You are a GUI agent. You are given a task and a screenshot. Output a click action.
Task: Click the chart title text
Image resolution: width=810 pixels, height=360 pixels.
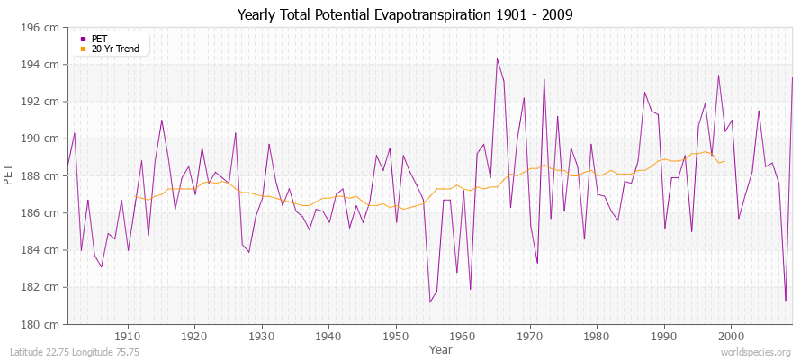point(404,14)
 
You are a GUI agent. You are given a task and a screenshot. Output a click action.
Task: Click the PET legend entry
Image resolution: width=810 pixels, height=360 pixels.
point(99,39)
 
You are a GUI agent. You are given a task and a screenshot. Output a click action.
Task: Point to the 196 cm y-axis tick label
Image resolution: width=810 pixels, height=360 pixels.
point(43,28)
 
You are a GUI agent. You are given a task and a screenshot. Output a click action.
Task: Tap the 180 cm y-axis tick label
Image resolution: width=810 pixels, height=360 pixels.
point(43,324)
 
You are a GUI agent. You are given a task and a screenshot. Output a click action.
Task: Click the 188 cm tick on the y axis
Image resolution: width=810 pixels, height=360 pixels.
point(43,175)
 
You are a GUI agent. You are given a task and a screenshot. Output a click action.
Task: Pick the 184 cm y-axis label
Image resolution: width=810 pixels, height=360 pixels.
point(43,250)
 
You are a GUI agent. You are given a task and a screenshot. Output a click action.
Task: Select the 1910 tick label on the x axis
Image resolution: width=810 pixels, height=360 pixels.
point(128,336)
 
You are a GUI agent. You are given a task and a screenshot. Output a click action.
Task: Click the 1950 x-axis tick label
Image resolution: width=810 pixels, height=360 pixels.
point(396,336)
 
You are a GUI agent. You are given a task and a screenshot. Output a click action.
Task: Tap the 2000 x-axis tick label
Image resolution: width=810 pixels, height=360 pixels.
point(731,336)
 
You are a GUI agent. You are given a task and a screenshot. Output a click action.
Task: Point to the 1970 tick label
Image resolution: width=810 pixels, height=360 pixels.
point(530,336)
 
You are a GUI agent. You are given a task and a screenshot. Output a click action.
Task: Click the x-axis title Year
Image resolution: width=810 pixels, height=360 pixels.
point(441,348)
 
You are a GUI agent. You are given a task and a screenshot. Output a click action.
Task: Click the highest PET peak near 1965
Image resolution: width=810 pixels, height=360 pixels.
point(497,59)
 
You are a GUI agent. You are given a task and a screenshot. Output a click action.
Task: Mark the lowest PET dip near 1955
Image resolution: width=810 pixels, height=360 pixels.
point(430,301)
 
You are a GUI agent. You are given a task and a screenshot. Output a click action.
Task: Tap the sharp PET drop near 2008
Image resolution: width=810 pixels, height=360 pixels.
point(786,300)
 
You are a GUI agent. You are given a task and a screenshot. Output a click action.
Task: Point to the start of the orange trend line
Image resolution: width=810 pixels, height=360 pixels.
point(135,196)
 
